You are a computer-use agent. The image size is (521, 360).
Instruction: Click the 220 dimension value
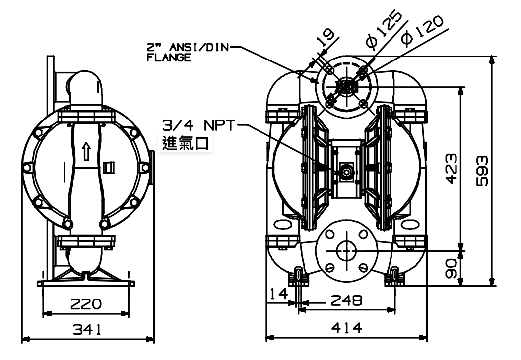86,303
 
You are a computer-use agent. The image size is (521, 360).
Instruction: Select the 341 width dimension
87,329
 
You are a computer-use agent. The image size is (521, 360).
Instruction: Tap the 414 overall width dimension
346,328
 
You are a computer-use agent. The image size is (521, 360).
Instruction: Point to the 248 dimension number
346,300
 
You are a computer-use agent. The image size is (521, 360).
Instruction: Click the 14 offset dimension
279,294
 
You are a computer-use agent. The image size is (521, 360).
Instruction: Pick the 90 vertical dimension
451,269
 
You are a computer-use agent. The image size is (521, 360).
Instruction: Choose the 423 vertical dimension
451,169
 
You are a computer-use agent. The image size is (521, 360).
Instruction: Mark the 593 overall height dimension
482,171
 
